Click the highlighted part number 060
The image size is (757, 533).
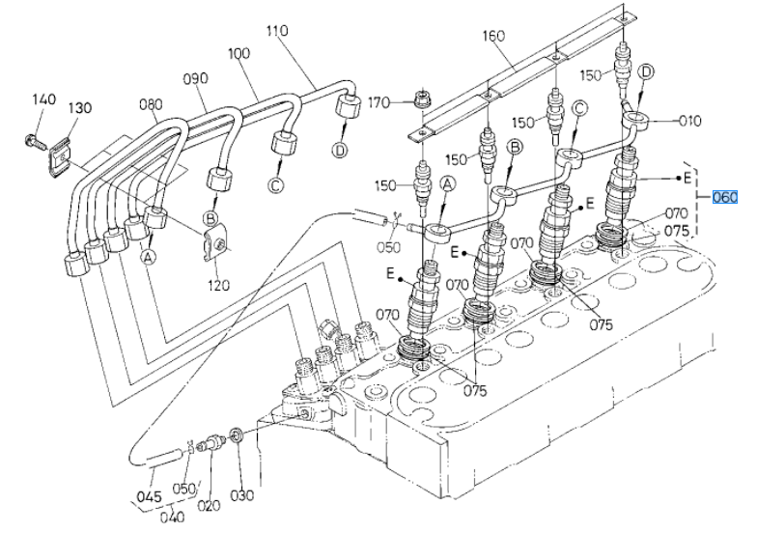point(725,197)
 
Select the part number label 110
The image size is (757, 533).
point(277,31)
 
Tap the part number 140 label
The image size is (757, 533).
point(44,99)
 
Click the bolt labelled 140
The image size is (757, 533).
point(35,142)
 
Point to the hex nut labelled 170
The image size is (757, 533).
point(423,98)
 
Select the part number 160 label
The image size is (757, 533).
point(492,36)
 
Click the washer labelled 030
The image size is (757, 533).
point(237,435)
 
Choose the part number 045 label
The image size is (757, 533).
point(149,496)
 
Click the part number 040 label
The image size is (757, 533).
point(172,518)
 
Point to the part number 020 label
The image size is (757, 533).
point(209,506)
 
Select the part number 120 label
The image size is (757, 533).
point(218,286)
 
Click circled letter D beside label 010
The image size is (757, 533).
point(645,72)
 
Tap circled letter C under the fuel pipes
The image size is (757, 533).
point(275,185)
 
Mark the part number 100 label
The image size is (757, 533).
point(238,53)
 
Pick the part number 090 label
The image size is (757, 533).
point(195,79)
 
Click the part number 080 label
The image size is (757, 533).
point(151,104)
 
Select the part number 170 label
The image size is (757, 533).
point(378,102)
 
